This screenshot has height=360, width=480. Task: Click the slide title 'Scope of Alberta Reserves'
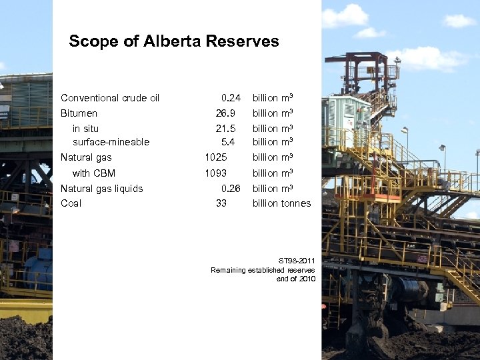(x=173, y=41)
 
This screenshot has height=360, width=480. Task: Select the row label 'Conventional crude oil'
(x=110, y=98)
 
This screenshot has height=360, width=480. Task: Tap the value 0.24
(x=231, y=98)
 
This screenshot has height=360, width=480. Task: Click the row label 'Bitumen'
(x=79, y=113)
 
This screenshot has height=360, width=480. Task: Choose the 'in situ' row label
(x=86, y=128)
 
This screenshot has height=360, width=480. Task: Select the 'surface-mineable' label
(x=111, y=141)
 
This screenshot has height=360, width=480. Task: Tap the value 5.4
(x=228, y=141)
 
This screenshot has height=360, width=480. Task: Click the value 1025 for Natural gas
(x=216, y=157)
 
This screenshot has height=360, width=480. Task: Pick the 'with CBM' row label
(x=94, y=173)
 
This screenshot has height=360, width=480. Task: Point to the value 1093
(x=216, y=173)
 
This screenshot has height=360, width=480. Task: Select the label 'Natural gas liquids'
(x=101, y=189)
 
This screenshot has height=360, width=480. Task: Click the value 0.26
(x=231, y=189)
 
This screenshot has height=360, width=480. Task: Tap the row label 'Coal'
(x=71, y=203)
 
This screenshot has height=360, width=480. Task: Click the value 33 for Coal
(x=221, y=203)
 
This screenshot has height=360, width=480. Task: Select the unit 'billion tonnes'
(x=281, y=203)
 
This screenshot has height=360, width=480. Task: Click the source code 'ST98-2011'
(x=295, y=260)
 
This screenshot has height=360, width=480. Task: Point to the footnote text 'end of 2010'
(x=295, y=279)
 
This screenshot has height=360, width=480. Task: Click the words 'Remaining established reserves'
(x=263, y=269)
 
